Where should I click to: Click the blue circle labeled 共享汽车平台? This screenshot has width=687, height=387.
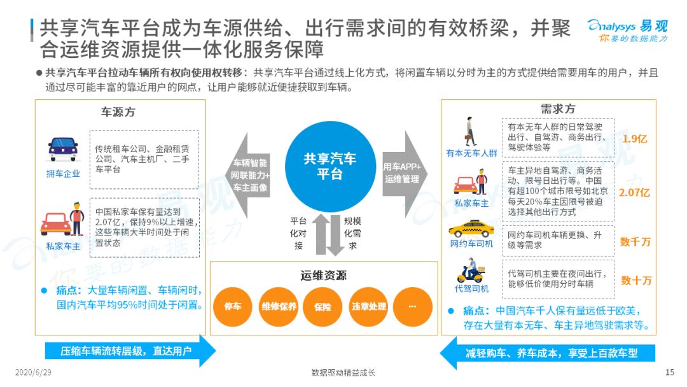(x=330, y=167)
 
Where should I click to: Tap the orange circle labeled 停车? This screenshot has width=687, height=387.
(x=233, y=307)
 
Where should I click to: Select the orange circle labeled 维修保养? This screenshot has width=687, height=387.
(x=279, y=307)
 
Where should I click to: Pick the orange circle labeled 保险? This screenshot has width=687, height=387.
(x=323, y=307)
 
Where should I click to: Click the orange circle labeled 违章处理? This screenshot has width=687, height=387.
(x=368, y=307)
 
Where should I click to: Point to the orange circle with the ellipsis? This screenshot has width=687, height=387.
(x=413, y=307)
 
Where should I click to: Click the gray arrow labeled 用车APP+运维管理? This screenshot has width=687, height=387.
(x=405, y=174)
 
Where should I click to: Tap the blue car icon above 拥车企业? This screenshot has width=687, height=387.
(x=63, y=150)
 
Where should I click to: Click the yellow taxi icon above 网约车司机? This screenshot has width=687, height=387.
(x=471, y=229)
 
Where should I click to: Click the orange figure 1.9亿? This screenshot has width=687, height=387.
(x=634, y=139)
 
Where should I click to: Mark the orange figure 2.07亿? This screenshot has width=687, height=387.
(x=634, y=192)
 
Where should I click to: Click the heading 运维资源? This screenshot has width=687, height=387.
(x=323, y=275)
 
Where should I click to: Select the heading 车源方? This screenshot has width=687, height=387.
(x=118, y=112)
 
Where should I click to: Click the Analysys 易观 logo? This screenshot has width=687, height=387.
(x=628, y=31)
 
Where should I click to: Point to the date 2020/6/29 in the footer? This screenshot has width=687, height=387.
(x=33, y=372)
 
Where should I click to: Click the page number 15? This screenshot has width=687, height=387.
(x=669, y=372)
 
